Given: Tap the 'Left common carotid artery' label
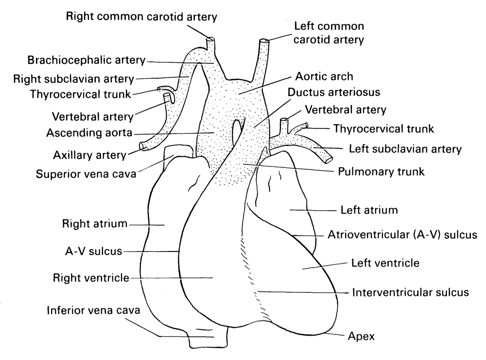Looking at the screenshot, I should tap(329, 33).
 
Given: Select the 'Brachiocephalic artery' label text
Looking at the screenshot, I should tap(87, 61).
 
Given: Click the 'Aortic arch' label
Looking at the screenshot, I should tap(324, 77).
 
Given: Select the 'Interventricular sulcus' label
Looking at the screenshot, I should tap(410, 292).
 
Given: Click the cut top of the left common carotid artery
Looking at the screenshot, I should tap(265, 42).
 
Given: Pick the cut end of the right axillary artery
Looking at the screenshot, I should tap(143, 145).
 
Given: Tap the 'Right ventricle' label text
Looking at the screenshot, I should tap(91, 278).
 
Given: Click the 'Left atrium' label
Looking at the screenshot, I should tap(368, 211).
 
